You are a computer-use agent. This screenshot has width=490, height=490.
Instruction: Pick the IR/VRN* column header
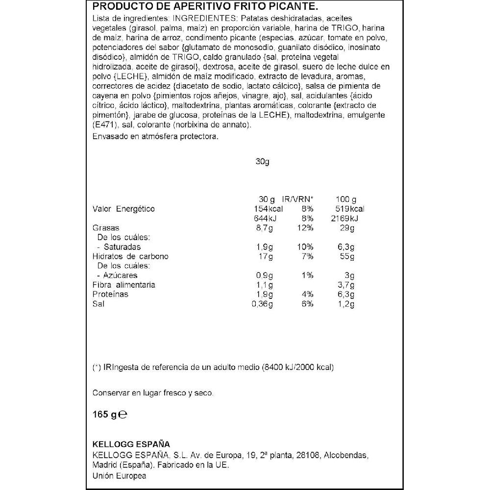(297, 199)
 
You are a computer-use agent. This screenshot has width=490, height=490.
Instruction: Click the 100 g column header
(347, 199)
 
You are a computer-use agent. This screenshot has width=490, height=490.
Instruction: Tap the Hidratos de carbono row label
(130, 257)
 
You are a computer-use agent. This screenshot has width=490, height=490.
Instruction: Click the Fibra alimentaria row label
(124, 285)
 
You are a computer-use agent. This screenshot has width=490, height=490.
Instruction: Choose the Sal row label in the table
(98, 304)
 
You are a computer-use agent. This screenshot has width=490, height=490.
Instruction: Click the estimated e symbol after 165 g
(123, 415)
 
